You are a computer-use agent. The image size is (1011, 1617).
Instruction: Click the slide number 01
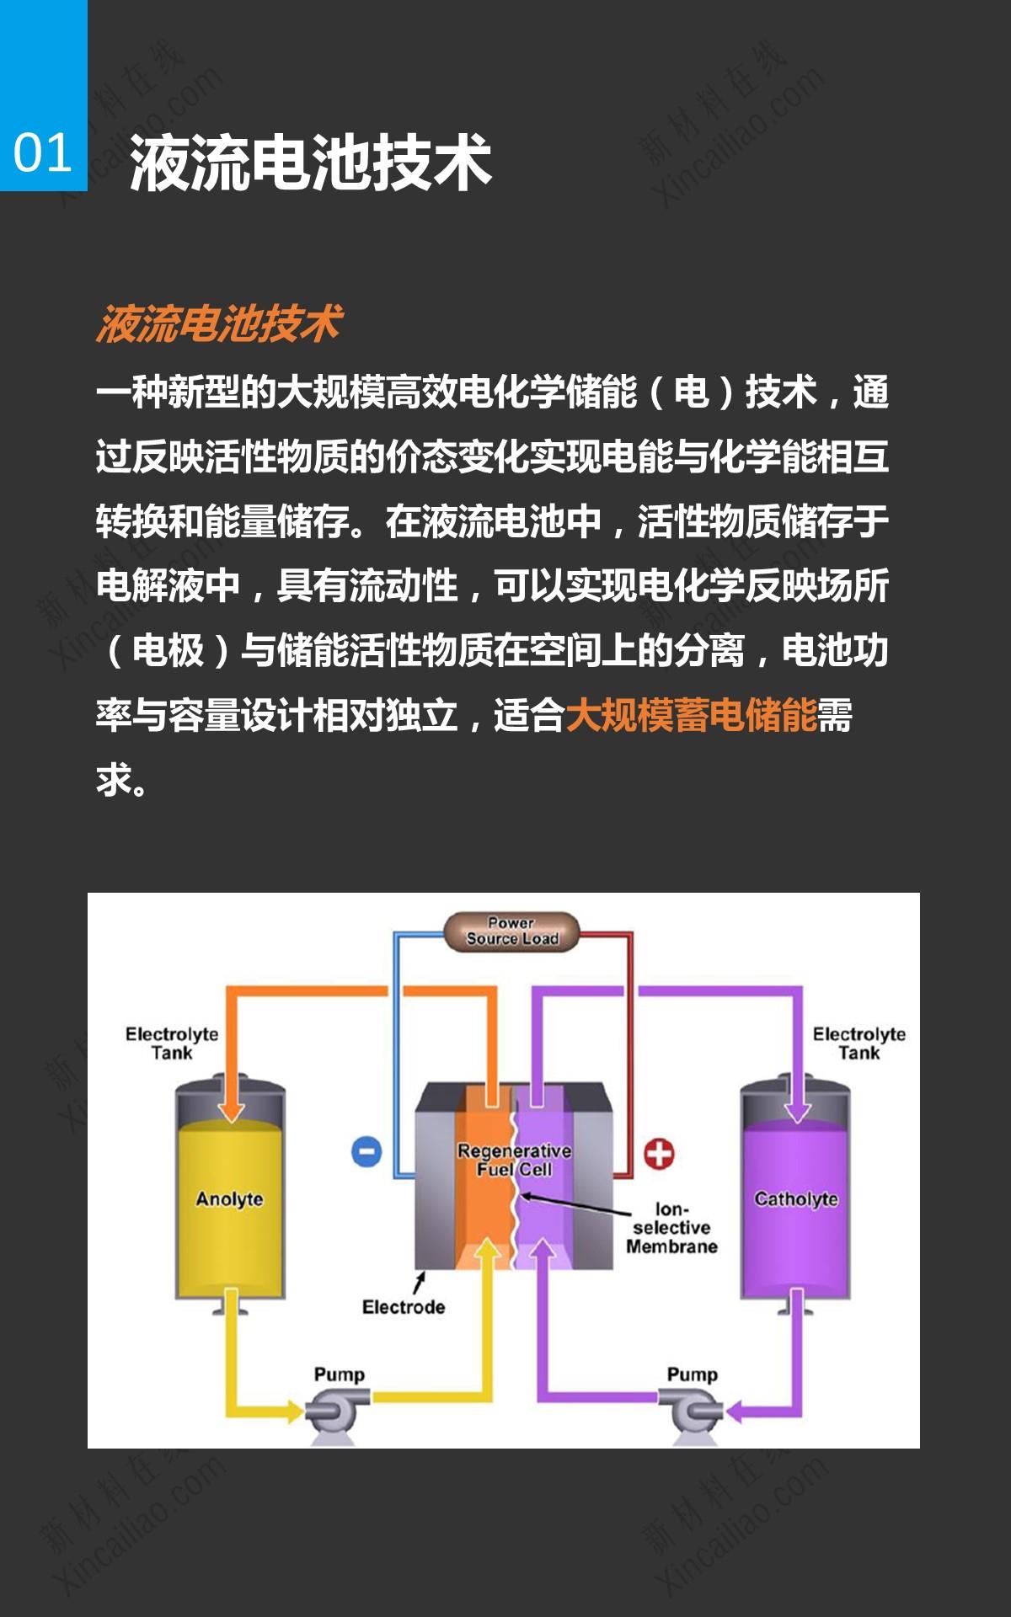[42, 153]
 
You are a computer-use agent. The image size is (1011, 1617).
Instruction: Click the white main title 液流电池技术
[310, 162]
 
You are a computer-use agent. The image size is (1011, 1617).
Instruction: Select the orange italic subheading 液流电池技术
[219, 324]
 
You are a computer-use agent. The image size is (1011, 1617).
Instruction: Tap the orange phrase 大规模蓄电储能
[691, 715]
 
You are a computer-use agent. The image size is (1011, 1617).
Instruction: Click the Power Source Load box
[511, 931]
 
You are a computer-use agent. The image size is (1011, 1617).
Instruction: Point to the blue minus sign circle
[366, 1151]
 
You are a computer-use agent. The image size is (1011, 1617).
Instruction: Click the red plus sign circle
[659, 1153]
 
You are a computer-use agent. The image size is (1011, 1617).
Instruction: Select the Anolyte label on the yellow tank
[229, 1198]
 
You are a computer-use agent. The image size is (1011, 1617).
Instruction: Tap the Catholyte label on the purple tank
[796, 1198]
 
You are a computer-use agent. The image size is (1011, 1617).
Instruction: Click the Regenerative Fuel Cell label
[514, 1160]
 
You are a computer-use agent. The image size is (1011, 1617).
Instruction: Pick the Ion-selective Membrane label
[671, 1228]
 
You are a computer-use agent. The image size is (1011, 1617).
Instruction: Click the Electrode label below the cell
[404, 1307]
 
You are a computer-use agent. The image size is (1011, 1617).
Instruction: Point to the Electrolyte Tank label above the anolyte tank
[172, 1043]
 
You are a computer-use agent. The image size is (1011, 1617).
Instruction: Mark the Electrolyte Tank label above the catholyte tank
[859, 1043]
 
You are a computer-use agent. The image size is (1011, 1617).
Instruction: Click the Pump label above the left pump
[340, 1374]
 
